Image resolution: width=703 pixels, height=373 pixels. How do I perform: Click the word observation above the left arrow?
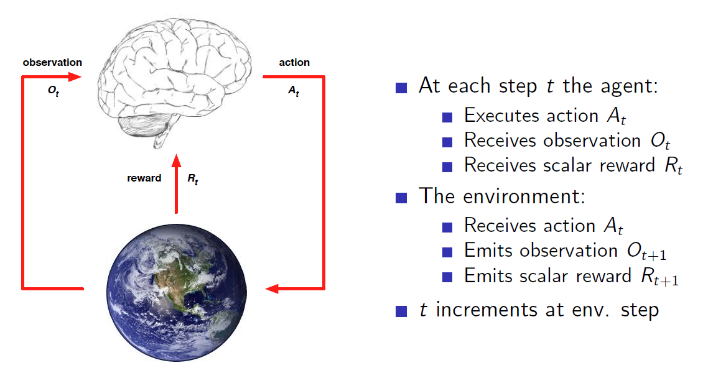52,62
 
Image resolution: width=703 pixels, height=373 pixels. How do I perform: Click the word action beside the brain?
294,62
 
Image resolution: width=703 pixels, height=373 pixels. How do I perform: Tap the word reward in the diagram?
144,178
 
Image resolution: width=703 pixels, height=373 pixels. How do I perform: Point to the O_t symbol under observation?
54,91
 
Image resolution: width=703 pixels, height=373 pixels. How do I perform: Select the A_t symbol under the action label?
293,91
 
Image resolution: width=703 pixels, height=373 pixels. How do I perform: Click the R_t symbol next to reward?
192,178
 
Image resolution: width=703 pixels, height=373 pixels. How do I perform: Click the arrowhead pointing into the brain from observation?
75,77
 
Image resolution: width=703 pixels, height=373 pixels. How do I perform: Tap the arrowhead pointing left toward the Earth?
272,288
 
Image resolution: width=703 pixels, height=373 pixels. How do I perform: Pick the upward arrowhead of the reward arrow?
177,161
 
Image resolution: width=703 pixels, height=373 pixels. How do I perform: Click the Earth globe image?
177,292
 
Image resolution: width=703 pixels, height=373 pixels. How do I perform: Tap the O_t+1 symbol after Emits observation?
646,252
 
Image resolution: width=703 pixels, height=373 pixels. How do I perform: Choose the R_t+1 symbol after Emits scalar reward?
659,277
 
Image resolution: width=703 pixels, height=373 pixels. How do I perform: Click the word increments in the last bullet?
487,310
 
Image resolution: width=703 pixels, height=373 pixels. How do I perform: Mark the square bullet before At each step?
401,87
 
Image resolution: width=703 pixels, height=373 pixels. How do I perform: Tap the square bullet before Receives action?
447,227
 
